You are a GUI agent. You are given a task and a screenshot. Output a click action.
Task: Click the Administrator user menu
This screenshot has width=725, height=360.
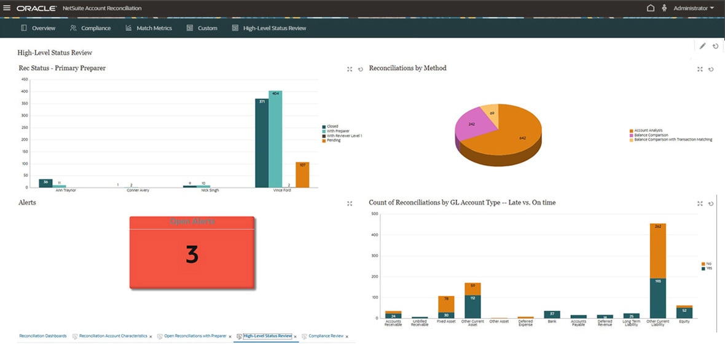(694, 8)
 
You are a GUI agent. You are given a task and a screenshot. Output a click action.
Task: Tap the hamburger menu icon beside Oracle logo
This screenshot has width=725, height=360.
(7, 8)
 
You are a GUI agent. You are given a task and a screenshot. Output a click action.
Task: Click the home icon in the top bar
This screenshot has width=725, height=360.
(651, 8)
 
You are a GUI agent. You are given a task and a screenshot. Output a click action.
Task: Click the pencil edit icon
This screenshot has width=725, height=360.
(702, 46)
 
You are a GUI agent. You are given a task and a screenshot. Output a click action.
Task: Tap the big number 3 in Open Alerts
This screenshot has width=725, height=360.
(192, 254)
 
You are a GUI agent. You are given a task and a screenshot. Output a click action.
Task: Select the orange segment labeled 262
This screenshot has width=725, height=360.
(657, 251)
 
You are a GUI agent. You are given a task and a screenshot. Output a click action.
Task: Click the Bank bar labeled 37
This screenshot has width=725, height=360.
(552, 315)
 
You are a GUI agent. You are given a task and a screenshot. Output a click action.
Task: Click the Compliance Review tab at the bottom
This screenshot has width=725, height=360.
(326, 336)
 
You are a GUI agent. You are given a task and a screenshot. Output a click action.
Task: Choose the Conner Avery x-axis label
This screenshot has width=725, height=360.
(133, 190)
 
